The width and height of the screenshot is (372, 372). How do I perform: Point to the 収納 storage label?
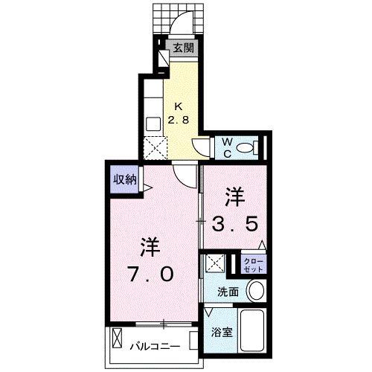[124, 179]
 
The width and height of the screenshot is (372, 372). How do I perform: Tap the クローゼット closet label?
[252, 264]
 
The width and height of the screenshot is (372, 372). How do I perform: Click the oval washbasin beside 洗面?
[256, 291]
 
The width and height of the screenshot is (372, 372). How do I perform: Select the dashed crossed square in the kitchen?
[155, 148]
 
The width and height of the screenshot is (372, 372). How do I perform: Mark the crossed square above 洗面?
[215, 263]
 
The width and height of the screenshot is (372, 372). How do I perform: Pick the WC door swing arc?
[202, 145]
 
